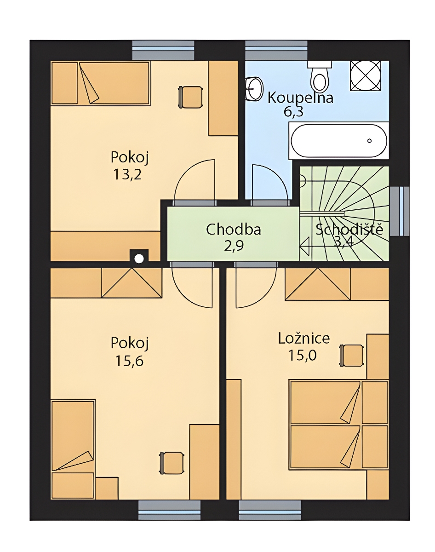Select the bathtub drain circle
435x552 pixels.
(369, 141)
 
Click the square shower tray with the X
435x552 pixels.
(366, 75)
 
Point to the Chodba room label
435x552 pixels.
(234, 230)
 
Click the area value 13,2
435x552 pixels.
(127, 175)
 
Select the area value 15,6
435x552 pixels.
(129, 361)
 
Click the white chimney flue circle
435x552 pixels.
(139, 259)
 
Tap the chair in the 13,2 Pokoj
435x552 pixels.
(190, 97)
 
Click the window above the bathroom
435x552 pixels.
(276, 50)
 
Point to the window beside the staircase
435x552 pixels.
(399, 211)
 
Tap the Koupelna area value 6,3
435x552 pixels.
(294, 112)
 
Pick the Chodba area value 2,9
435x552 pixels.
(234, 246)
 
